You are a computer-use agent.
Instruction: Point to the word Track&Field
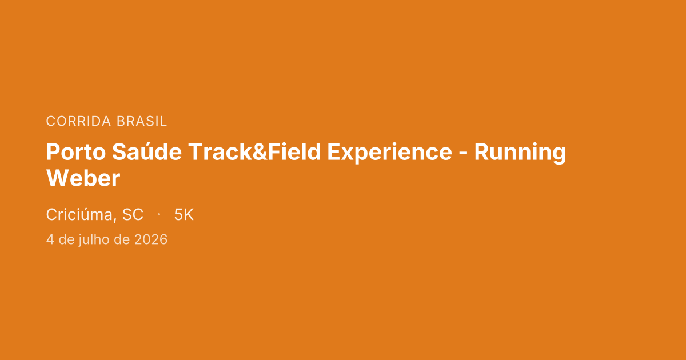point(254,153)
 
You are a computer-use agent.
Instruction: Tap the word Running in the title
point(520,153)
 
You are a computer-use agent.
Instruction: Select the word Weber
point(83,179)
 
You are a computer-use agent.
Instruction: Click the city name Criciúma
point(80,215)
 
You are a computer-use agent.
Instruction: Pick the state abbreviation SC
point(133,215)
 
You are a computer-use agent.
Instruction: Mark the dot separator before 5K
point(158,215)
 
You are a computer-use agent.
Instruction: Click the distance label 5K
point(184,215)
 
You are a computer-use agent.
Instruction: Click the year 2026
point(151,239)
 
